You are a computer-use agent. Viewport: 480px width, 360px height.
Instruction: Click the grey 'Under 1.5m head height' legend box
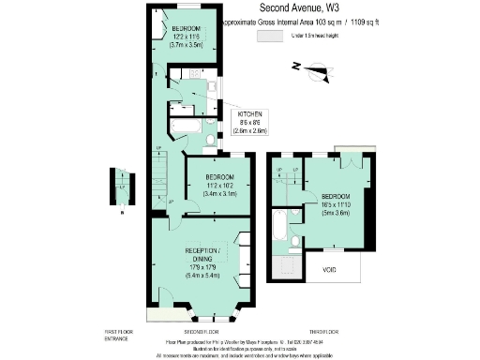(269, 35)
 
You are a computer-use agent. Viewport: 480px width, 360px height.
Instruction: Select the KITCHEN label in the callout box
(249, 114)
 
